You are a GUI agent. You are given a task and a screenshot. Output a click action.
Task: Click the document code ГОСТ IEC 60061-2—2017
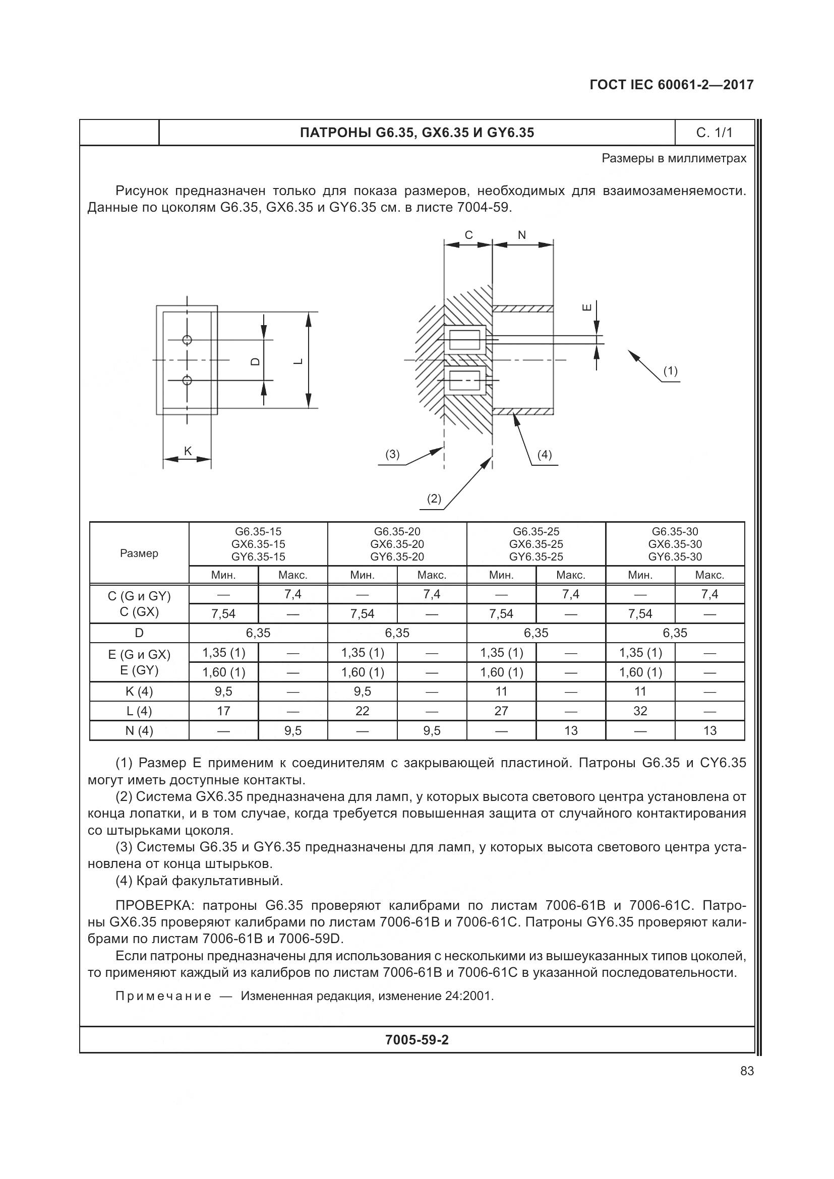pyautogui.click(x=671, y=85)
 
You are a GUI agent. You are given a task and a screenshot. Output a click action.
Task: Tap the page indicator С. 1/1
pyautogui.click(x=714, y=133)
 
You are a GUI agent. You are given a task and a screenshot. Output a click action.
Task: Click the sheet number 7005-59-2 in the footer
pyautogui.click(x=416, y=1040)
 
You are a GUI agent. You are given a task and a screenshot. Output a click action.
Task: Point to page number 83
pyautogui.click(x=747, y=1071)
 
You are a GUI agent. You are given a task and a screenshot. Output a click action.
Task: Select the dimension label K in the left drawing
pyautogui.click(x=188, y=451)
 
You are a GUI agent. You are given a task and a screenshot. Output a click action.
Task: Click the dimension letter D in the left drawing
pyautogui.click(x=255, y=361)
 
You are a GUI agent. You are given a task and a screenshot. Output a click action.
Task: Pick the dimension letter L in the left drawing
pyautogui.click(x=298, y=361)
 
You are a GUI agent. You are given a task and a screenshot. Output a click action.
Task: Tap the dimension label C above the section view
pyautogui.click(x=468, y=235)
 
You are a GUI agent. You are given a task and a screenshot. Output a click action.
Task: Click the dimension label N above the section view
pyautogui.click(x=522, y=235)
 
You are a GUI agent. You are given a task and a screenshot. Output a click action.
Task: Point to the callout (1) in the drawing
pyautogui.click(x=670, y=371)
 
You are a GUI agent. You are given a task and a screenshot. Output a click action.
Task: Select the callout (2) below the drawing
pyautogui.click(x=434, y=498)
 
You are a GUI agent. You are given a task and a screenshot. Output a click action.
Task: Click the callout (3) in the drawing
pyautogui.click(x=392, y=455)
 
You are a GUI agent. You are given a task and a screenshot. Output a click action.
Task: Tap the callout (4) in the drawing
pyautogui.click(x=544, y=455)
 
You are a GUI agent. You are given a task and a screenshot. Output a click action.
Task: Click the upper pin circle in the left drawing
pyautogui.click(x=187, y=339)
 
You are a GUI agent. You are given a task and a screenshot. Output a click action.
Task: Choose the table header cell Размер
pyautogui.click(x=139, y=553)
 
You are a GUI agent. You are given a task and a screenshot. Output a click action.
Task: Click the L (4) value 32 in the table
pyautogui.click(x=640, y=711)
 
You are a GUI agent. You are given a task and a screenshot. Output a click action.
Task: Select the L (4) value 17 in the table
pyautogui.click(x=223, y=711)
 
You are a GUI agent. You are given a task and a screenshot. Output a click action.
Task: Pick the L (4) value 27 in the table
pyautogui.click(x=501, y=711)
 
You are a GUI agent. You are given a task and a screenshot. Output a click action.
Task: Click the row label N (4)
pyautogui.click(x=139, y=730)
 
